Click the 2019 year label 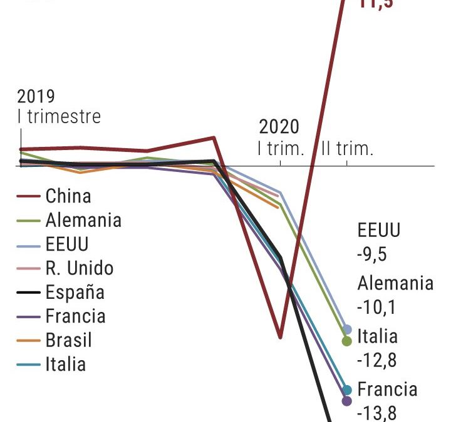36,97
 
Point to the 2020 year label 279,128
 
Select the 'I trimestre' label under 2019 59,117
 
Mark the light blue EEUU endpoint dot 347,329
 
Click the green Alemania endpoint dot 347,341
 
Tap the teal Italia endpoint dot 347,391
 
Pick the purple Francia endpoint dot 347,400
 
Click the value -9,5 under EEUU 371,254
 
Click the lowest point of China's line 279,337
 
